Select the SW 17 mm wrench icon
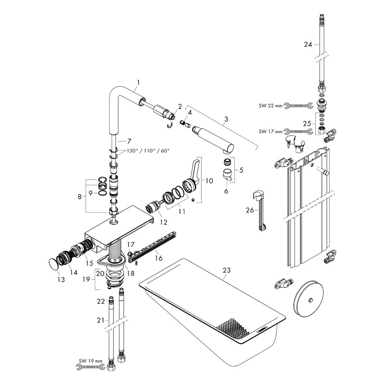(298, 130)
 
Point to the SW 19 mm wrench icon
(90, 367)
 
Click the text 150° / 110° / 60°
(148, 151)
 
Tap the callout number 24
(308, 44)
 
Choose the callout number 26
(249, 210)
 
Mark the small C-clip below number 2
(170, 126)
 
